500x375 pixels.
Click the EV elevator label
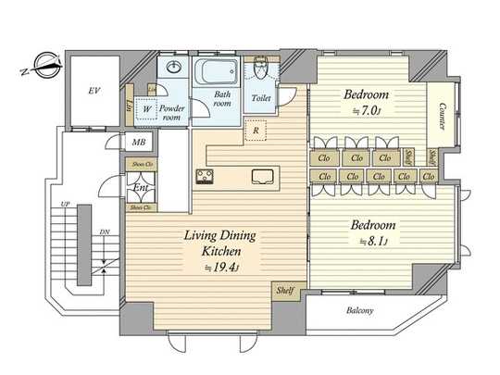click(94, 90)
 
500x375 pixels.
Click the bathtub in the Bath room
click(219, 73)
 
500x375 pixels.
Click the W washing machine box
click(146, 109)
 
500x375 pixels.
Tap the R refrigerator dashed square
click(255, 130)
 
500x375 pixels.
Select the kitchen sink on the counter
click(261, 176)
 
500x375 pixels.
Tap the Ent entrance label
click(142, 190)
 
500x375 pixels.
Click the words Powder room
click(174, 112)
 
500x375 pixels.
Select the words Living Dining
click(216, 237)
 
